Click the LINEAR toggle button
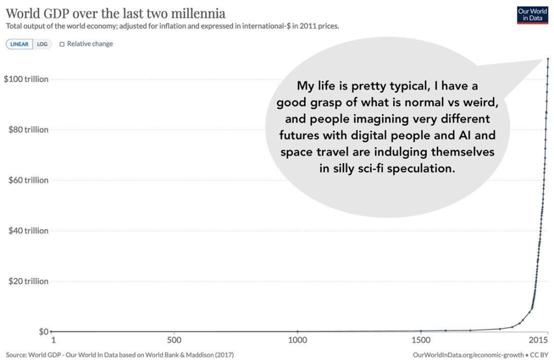pos(19,44)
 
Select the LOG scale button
pos(42,44)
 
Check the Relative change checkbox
pos(62,44)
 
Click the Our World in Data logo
pos(532,15)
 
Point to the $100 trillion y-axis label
pos(26,79)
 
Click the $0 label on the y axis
pos(43,331)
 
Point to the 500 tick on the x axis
pos(174,340)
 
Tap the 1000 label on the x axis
pos(298,340)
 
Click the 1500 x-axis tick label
pos(421,340)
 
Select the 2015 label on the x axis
pos(539,340)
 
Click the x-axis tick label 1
pos(53,340)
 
